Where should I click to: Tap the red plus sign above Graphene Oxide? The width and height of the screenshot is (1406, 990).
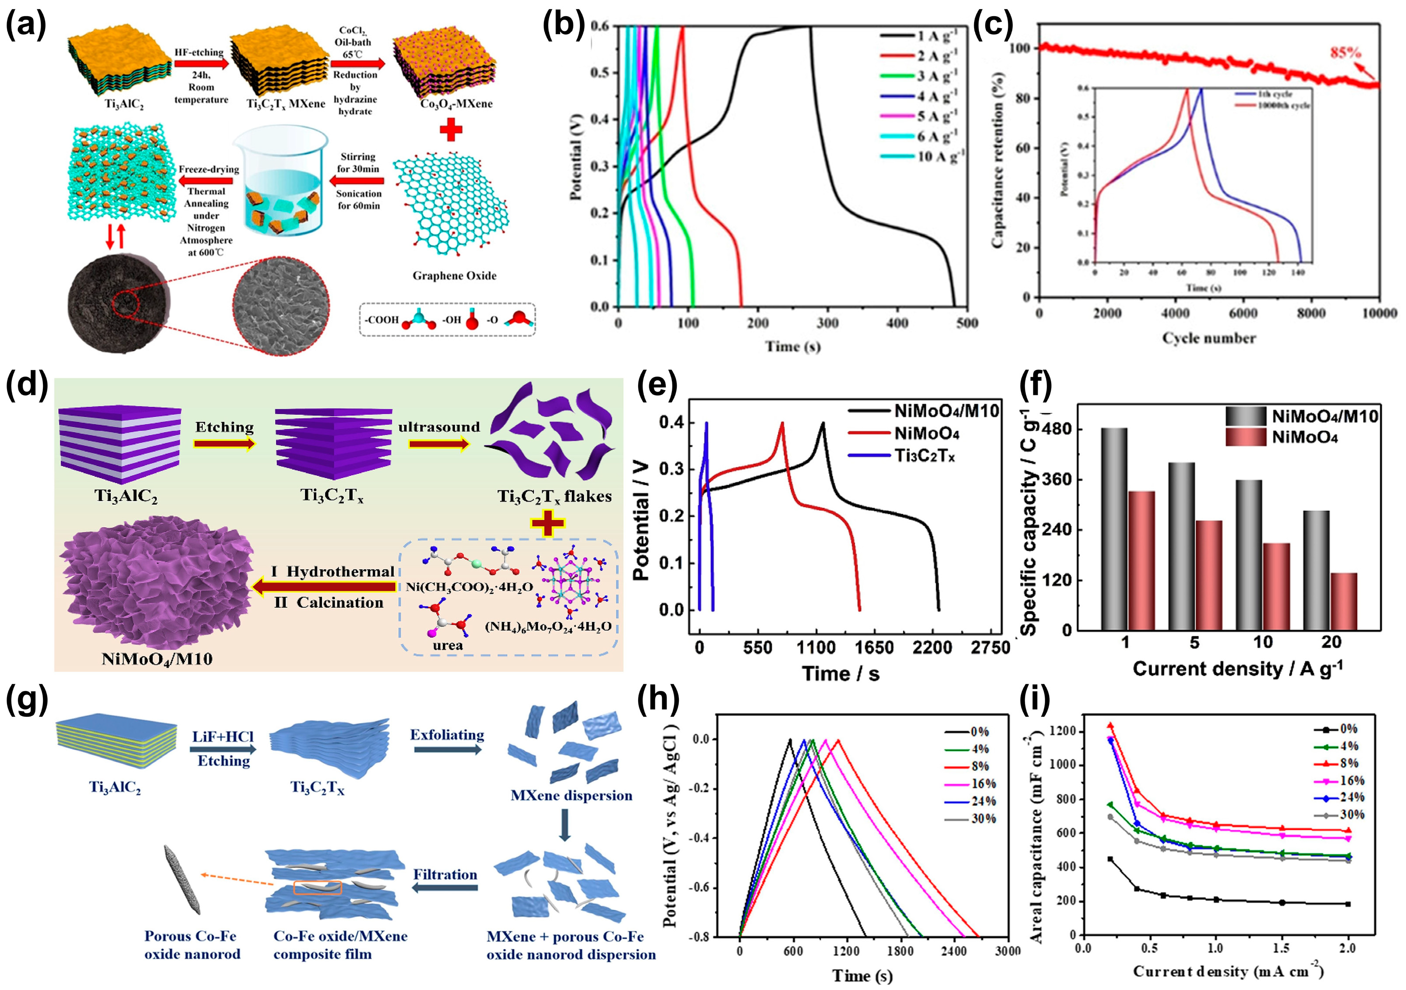click(451, 130)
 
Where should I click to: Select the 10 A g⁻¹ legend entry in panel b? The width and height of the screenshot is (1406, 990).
click(940, 156)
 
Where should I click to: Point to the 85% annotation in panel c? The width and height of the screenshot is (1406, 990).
click(1344, 53)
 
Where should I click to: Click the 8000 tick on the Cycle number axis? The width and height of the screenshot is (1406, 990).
click(1311, 314)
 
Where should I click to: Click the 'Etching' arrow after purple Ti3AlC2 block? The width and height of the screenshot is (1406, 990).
click(224, 443)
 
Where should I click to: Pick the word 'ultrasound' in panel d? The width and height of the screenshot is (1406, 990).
click(439, 427)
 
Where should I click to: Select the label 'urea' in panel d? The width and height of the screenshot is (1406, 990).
click(448, 645)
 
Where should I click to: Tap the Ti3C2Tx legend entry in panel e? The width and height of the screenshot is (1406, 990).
click(925, 456)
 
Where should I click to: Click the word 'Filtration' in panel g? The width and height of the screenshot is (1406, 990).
click(445, 874)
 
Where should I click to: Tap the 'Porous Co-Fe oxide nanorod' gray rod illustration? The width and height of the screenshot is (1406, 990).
click(183, 880)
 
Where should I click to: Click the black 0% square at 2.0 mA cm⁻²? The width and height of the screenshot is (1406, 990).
click(1348, 904)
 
